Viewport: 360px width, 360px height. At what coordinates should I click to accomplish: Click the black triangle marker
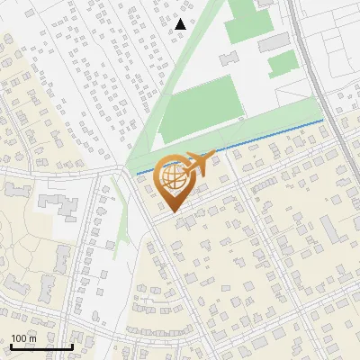181,24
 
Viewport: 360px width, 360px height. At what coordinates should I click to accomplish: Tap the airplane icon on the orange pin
198,164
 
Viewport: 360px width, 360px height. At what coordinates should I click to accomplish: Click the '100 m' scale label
23,338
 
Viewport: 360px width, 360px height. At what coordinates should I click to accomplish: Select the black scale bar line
40,346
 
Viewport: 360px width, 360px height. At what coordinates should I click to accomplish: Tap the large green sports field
202,108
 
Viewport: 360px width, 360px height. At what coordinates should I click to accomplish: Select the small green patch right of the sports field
282,62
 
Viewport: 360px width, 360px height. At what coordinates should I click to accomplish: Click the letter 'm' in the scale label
32,338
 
